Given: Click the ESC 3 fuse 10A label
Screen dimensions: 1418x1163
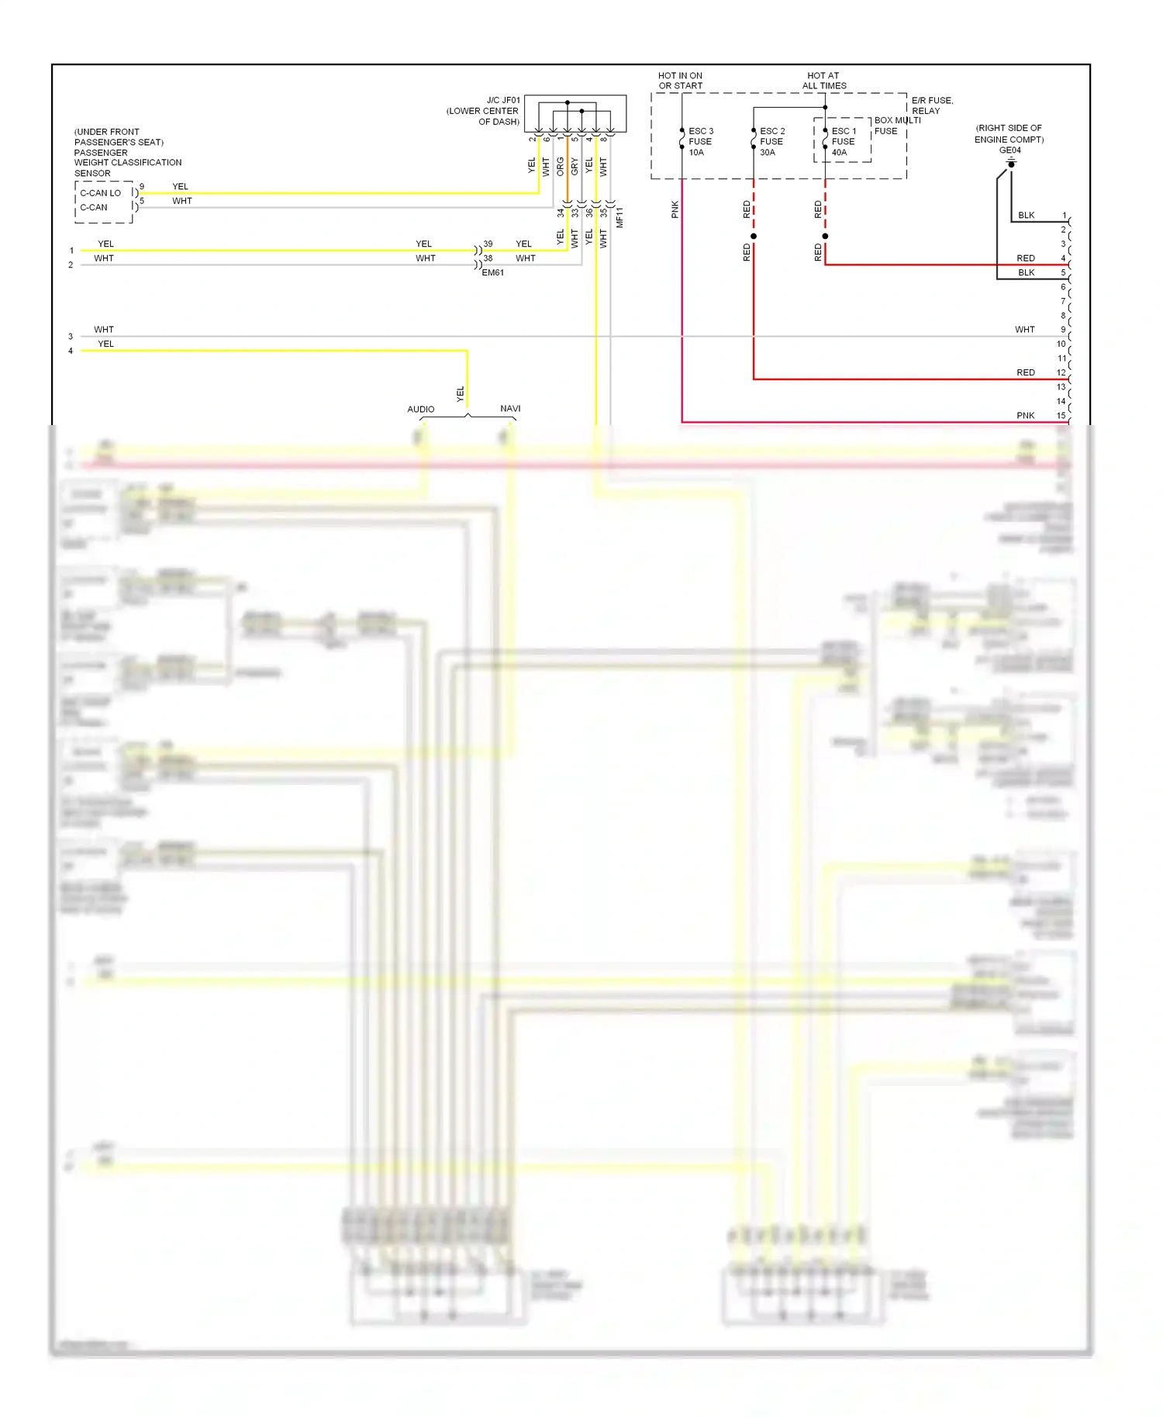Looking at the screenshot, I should click(x=700, y=142).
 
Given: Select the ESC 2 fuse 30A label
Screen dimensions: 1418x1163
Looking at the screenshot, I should click(x=771, y=142).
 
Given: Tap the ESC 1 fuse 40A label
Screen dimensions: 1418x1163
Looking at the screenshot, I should click(x=843, y=142).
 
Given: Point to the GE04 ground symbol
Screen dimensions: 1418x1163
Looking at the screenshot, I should click(x=1011, y=164).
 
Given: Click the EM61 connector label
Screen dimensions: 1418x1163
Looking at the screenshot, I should click(x=493, y=273).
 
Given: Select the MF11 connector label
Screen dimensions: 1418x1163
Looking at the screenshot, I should click(x=619, y=217).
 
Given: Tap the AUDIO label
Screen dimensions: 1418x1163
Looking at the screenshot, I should click(x=421, y=409).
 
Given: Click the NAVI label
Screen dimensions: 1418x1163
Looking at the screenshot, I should click(x=510, y=409).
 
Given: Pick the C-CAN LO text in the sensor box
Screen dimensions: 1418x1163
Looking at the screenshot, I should click(x=101, y=193).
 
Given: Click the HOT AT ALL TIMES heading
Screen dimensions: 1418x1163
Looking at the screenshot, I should click(x=824, y=81).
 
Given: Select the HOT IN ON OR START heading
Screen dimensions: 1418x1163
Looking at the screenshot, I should click(x=681, y=81).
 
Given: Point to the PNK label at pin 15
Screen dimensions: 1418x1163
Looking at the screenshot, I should click(x=1026, y=416).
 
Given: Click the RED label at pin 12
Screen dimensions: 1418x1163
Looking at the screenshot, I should click(x=1026, y=373).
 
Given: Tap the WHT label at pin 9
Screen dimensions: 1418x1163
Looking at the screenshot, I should click(x=1025, y=330).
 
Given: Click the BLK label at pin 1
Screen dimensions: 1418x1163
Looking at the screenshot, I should click(x=1027, y=216).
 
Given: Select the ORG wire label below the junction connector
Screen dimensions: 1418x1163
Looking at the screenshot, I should click(x=561, y=167).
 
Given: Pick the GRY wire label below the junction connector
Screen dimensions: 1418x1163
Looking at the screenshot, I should click(x=575, y=167).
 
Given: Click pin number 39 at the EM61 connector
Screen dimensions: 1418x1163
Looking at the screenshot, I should click(x=488, y=244).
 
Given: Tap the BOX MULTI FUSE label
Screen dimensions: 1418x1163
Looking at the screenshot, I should click(x=896, y=126).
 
